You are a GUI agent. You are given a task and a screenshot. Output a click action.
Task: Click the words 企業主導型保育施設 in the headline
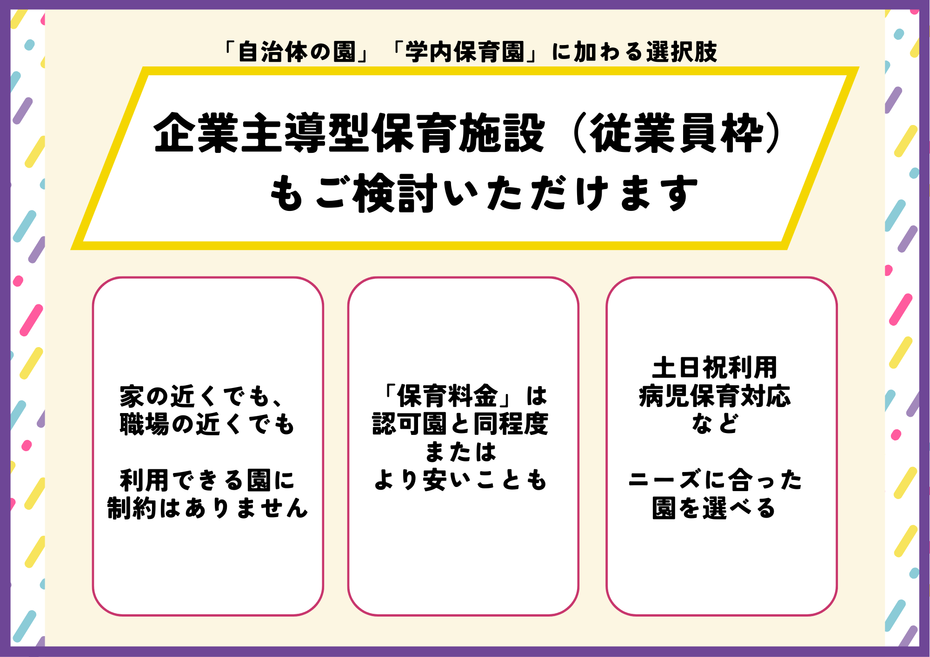349,133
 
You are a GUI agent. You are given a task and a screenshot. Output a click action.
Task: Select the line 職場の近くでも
207,424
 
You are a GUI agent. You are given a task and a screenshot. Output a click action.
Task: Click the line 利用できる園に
207,480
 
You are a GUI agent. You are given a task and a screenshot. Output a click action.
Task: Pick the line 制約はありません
207,508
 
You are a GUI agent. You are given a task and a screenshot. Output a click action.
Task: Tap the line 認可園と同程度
460,424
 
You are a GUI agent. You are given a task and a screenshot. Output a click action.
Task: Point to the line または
460,452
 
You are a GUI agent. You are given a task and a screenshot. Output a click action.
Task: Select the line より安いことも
460,480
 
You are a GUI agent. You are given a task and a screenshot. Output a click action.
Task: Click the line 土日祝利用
715,368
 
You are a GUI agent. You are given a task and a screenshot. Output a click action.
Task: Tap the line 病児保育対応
715,396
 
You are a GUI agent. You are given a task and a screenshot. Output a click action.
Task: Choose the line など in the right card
715,424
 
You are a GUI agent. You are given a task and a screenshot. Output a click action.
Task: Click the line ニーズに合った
715,480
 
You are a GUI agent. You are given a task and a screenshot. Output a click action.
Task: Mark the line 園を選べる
715,508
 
